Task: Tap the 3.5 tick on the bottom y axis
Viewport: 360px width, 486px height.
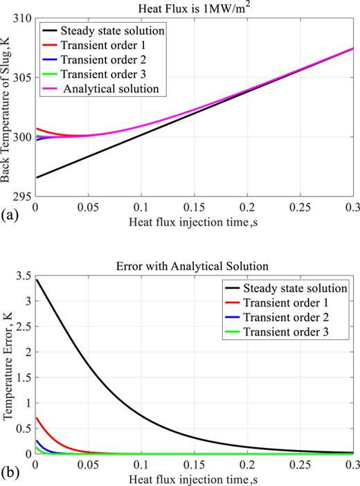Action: tap(24, 275)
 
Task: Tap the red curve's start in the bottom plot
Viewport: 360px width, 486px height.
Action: tap(35, 417)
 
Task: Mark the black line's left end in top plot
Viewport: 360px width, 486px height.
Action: tap(35, 178)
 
